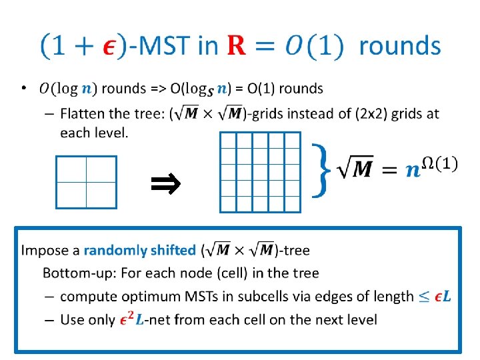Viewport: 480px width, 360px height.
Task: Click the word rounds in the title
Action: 400,46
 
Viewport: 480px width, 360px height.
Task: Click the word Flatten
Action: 81,113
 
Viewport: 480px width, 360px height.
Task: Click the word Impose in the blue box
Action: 42,251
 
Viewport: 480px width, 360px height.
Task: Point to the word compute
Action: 86,297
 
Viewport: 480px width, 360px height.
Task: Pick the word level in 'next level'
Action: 361,320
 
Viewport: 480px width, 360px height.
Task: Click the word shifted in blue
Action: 172,251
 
